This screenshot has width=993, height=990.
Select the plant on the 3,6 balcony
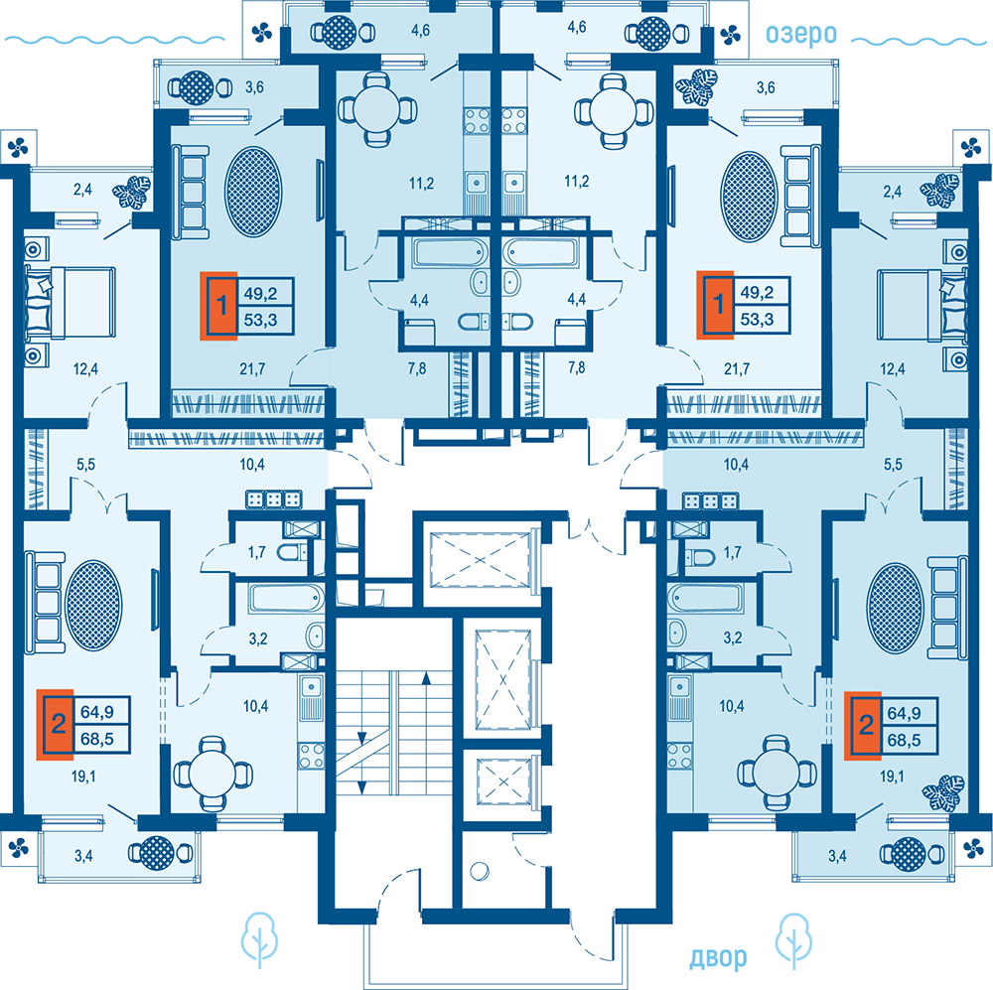click(699, 86)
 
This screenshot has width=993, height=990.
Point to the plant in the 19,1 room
click(942, 790)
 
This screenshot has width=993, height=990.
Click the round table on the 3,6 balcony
click(195, 86)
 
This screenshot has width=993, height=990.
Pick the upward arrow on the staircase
click(426, 679)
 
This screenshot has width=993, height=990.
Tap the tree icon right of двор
click(796, 939)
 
